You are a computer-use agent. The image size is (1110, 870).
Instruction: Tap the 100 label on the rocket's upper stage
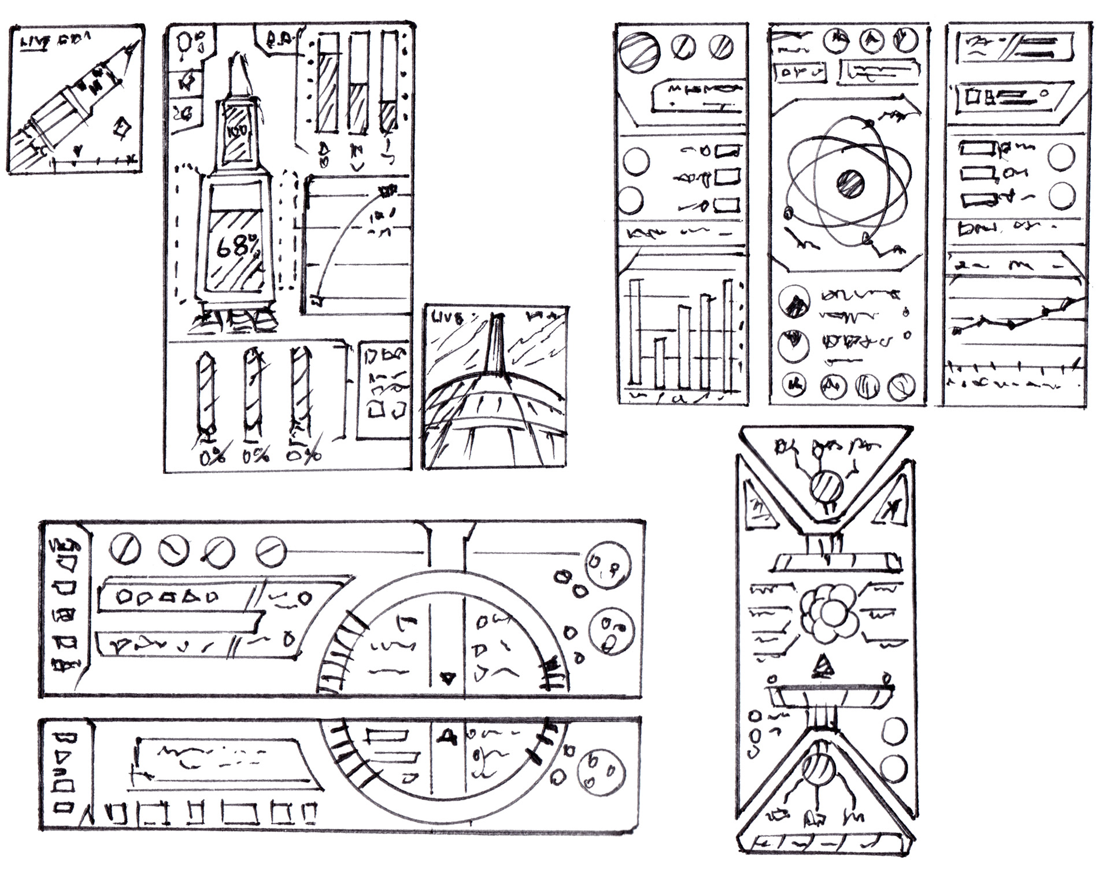(x=236, y=131)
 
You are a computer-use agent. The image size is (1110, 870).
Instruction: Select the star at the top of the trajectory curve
(x=386, y=190)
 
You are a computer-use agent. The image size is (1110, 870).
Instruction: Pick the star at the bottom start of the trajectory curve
(x=316, y=299)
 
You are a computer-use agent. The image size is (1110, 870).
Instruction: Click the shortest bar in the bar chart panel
(x=659, y=361)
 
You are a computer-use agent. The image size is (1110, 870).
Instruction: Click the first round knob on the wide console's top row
(x=125, y=548)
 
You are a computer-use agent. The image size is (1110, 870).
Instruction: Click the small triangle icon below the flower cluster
(x=821, y=667)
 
